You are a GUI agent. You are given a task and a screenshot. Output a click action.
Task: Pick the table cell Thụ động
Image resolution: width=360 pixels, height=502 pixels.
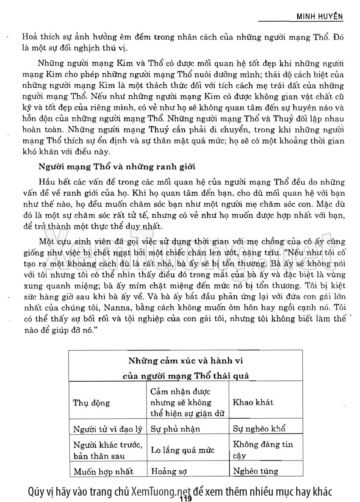click(x=91, y=403)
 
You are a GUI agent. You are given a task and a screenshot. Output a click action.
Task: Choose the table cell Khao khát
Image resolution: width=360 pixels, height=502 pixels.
click(x=253, y=402)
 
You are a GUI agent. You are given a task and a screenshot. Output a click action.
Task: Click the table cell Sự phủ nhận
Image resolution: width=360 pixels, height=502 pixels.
click(x=175, y=429)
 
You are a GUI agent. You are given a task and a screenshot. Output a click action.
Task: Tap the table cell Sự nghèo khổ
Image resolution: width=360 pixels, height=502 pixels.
click(x=259, y=429)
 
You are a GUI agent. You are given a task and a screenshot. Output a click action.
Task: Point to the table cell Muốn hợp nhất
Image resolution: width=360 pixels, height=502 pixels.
click(x=103, y=471)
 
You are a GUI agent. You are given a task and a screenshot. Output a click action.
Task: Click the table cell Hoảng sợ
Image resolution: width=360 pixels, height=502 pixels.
click(x=169, y=471)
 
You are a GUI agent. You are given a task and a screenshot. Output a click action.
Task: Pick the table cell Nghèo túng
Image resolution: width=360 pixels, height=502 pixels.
click(x=255, y=471)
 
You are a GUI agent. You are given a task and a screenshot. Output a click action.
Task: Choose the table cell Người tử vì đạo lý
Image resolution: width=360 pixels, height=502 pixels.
click(x=108, y=429)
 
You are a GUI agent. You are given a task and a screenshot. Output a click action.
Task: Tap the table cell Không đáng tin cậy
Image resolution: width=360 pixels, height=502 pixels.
click(x=263, y=450)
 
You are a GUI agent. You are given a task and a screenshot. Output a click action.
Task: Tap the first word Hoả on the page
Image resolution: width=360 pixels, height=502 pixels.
click(x=29, y=37)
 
